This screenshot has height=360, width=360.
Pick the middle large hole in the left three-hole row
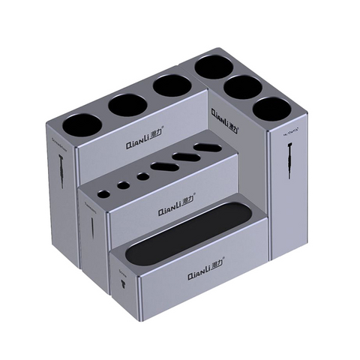coord(125,105)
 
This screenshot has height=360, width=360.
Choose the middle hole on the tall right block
coord(243,86)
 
